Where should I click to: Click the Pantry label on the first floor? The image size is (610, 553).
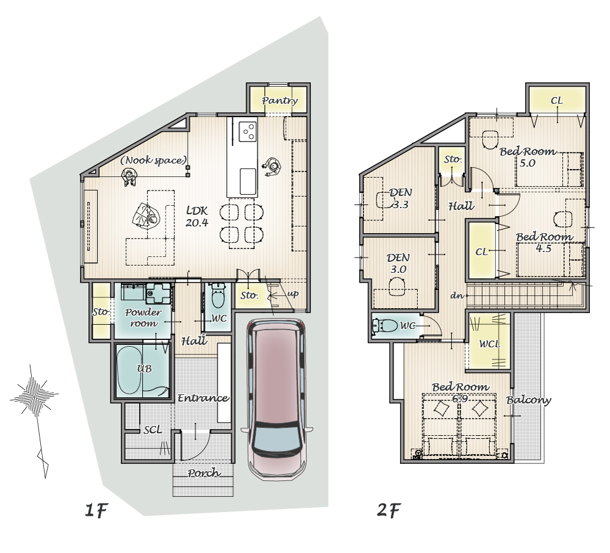point(280,101)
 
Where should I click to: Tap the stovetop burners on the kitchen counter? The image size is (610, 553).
point(248,131)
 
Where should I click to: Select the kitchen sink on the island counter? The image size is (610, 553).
point(248,181)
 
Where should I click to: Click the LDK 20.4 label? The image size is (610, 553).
point(197,217)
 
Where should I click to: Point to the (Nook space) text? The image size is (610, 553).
point(153,160)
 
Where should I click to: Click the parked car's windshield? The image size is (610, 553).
point(277,440)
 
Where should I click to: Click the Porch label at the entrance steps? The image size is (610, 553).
point(204,473)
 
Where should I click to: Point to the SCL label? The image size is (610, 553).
point(152,430)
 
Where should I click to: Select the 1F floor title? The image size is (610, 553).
point(96,510)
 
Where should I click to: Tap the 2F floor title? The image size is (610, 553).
point(389,510)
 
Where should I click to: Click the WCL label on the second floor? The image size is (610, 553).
point(489,344)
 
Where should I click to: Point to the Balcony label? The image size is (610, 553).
point(529,400)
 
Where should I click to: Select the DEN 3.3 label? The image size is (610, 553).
point(400,198)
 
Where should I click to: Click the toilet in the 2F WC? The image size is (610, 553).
point(384,325)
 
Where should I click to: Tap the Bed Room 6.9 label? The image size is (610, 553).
point(460,392)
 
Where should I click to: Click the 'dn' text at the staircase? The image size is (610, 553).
point(457,296)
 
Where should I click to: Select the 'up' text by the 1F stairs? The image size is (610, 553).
point(293,294)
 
